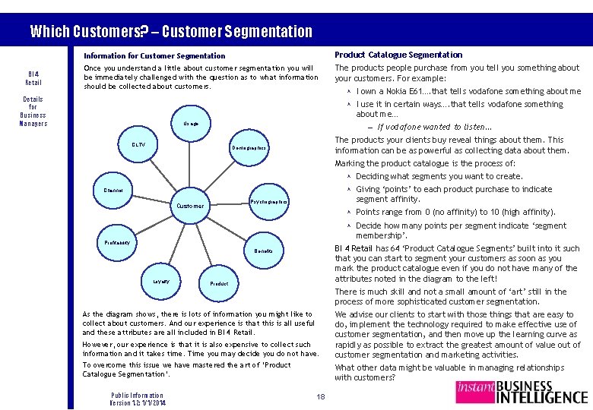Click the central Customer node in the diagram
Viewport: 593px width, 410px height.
pyautogui.click(x=190, y=206)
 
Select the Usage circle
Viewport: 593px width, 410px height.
pyautogui.click(x=191, y=124)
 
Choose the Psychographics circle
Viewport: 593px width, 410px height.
pyautogui.click(x=268, y=202)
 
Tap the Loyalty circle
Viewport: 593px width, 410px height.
pyautogui.click(x=160, y=281)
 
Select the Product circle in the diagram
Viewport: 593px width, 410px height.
pyautogui.click(x=218, y=283)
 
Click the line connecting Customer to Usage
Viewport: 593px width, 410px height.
pyautogui.click(x=191, y=163)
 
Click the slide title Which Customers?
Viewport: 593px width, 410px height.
pyautogui.click(x=171, y=32)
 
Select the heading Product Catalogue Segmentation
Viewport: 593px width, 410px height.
pyautogui.click(x=398, y=55)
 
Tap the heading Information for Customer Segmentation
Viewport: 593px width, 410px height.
pyautogui.click(x=154, y=56)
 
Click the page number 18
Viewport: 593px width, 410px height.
pyautogui.click(x=320, y=396)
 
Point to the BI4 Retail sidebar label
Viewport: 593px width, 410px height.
pyautogui.click(x=33, y=78)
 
